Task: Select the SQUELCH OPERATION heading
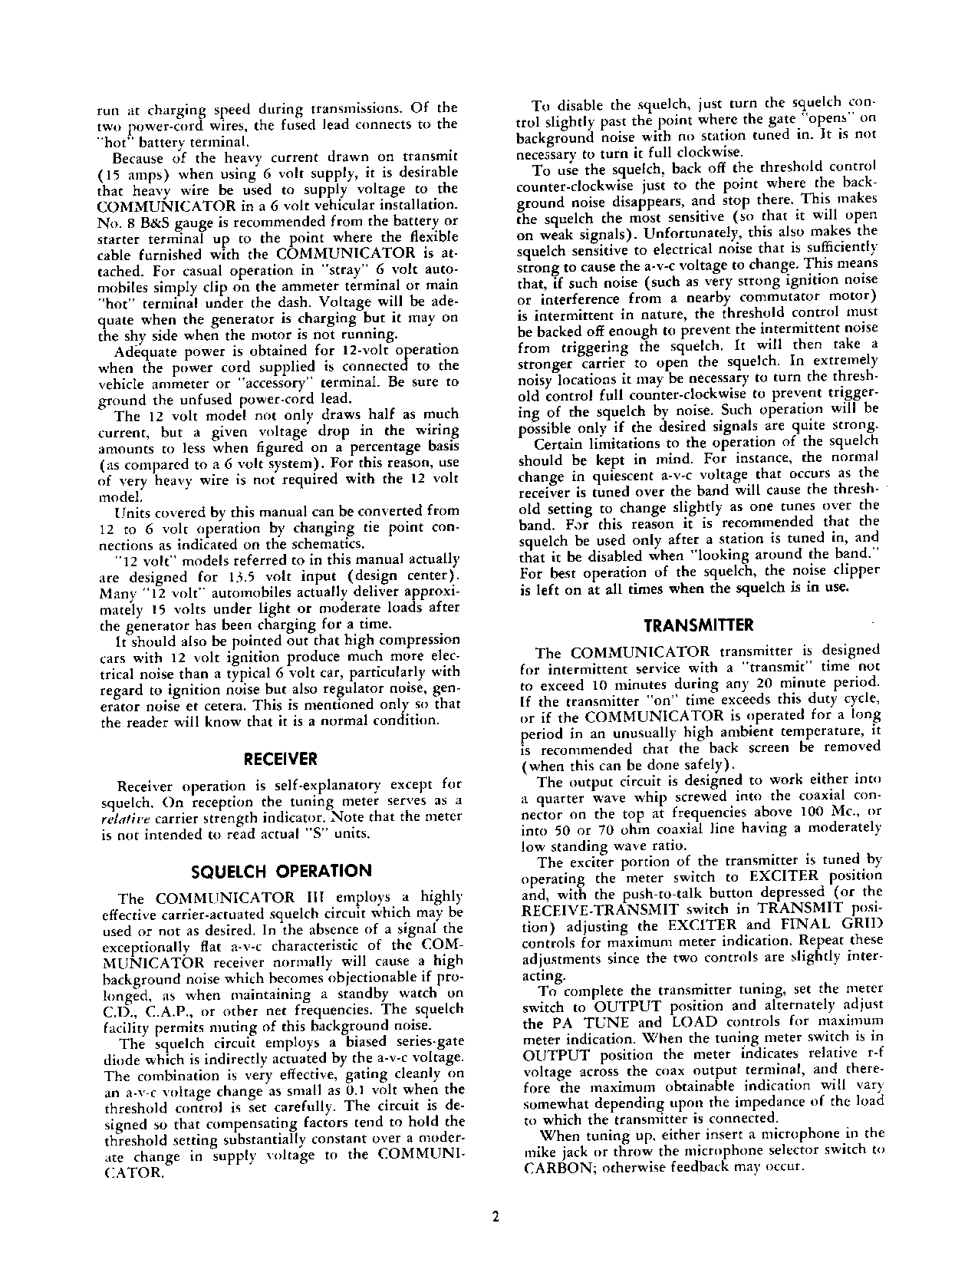[280, 871]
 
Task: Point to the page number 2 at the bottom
[495, 1217]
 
